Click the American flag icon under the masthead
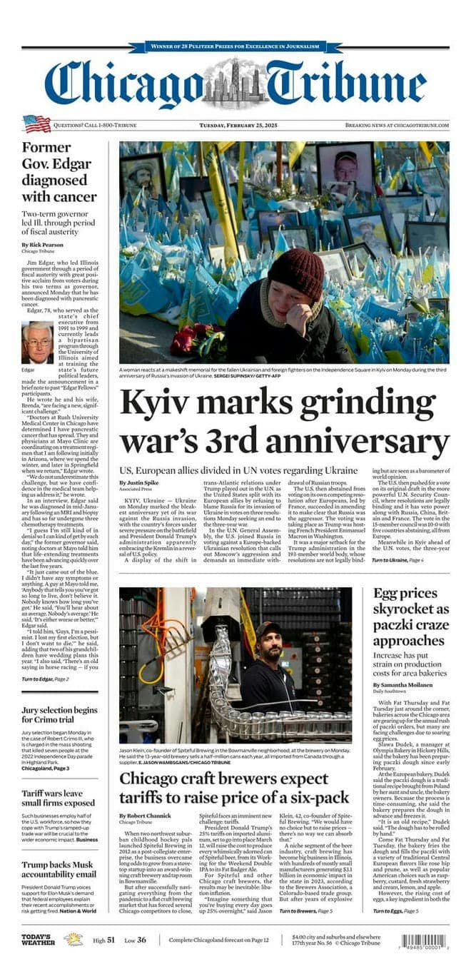click(36, 124)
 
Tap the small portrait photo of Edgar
click(37, 343)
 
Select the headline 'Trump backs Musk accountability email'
click(58, 869)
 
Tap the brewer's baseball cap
click(268, 629)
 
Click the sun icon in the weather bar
click(74, 939)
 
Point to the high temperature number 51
click(111, 940)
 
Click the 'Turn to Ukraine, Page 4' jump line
click(398, 560)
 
